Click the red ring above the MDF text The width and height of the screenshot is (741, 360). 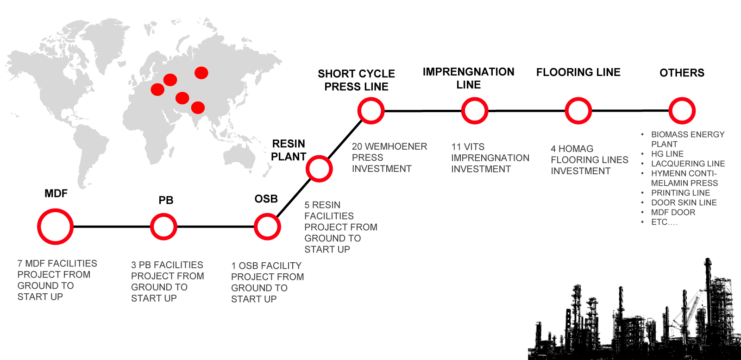(55, 227)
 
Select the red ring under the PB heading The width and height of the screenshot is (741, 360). (163, 227)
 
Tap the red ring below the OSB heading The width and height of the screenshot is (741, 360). (267, 227)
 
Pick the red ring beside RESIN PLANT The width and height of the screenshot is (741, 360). (319, 169)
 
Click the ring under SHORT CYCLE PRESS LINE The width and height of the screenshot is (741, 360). (371, 111)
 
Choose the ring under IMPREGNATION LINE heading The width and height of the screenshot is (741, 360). (475, 111)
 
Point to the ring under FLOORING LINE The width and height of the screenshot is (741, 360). (578, 111)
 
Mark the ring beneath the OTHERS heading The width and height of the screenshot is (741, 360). (682, 111)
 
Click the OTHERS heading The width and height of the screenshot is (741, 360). (682, 73)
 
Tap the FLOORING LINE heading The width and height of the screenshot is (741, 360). (578, 72)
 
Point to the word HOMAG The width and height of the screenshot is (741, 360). (576, 149)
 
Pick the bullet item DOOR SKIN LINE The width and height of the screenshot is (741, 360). (684, 202)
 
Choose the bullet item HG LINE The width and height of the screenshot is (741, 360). (667, 154)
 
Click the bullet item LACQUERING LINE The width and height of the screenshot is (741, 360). (688, 164)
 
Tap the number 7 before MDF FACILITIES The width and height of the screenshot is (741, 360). (20, 264)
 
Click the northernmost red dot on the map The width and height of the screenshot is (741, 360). (201, 73)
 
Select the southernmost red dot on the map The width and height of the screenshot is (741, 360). (198, 107)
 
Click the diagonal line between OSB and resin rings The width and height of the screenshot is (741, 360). (293, 198)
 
